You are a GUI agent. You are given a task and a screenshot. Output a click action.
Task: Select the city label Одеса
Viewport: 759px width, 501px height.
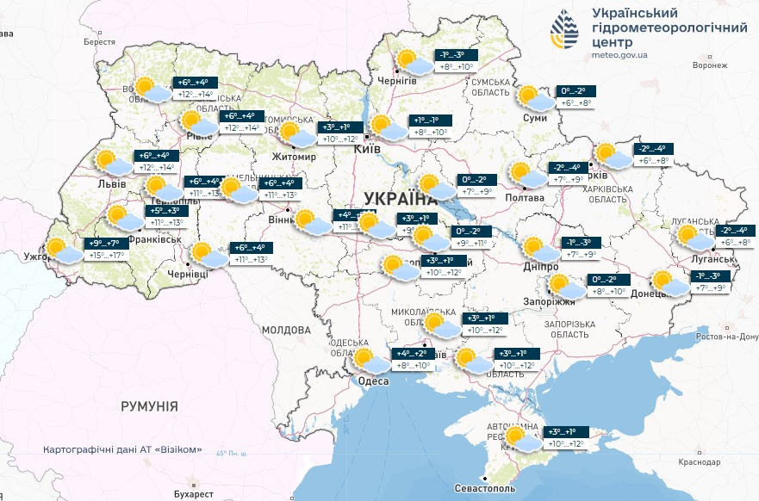[x=373, y=381]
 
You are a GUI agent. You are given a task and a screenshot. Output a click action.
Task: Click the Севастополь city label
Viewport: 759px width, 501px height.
[x=485, y=488]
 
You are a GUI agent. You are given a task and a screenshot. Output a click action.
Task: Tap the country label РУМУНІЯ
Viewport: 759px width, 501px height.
[x=149, y=405]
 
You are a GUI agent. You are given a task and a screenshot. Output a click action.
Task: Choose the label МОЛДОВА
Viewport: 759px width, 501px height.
[x=285, y=330]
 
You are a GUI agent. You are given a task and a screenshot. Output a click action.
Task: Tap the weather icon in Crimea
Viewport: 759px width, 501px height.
[x=521, y=439]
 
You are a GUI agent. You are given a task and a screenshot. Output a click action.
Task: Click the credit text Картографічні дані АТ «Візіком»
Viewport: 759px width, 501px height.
[x=122, y=449]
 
